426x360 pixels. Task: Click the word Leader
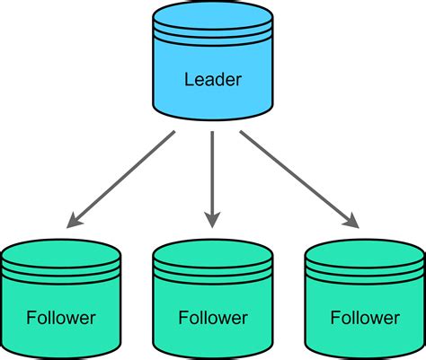[212, 79]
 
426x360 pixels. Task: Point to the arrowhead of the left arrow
[74, 218]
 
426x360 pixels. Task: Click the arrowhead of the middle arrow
[212, 218]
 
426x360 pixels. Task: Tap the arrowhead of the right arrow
[351, 218]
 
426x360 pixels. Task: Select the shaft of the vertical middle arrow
[212, 171]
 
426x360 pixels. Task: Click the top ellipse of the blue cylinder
[212, 15]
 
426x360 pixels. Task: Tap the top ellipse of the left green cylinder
[61, 250]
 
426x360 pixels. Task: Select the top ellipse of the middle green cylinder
[212, 250]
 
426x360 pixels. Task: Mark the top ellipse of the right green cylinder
[365, 250]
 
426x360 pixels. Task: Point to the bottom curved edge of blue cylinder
[212, 115]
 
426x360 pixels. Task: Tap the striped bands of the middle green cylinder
[212, 268]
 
